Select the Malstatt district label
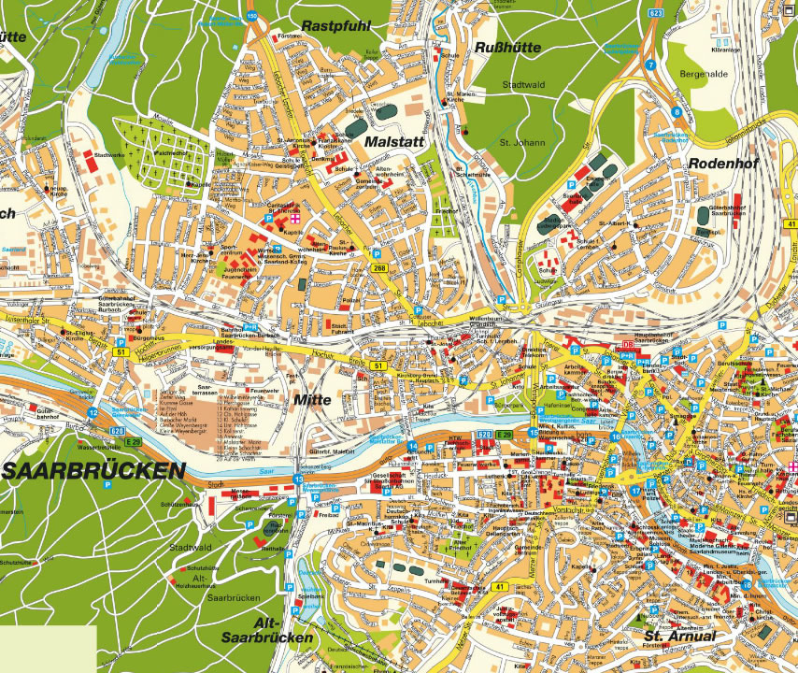392,141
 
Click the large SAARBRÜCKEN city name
93,470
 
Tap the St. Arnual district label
679,637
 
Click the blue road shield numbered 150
251,16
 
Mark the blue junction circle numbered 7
649,65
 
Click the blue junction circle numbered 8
677,113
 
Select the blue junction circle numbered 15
534,432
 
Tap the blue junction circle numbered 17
634,490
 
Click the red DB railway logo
627,346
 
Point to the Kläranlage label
725,49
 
